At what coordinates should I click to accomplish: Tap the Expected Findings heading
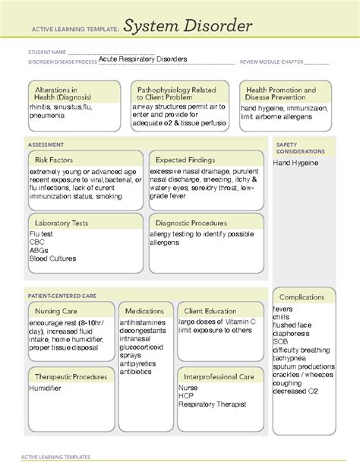(x=185, y=160)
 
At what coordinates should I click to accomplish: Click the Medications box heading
(x=144, y=311)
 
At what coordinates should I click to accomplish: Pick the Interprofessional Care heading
(x=220, y=376)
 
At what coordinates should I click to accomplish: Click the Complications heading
(x=303, y=296)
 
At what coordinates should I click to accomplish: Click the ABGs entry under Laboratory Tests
(x=39, y=250)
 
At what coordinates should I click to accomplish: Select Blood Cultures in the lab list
(x=52, y=258)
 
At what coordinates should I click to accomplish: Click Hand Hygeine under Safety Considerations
(x=296, y=163)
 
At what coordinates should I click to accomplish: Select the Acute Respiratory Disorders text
(x=143, y=59)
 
